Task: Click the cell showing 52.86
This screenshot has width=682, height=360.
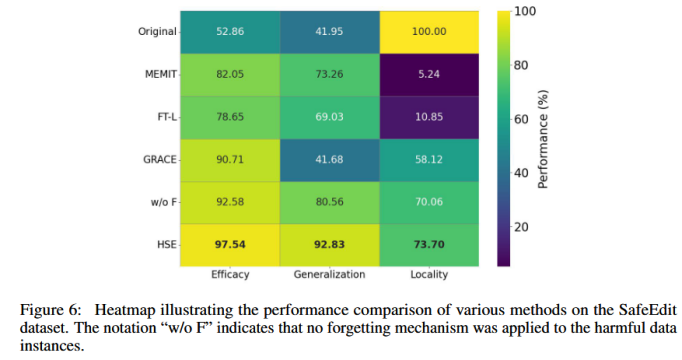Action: click(x=230, y=32)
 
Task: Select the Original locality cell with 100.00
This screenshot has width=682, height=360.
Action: click(x=429, y=32)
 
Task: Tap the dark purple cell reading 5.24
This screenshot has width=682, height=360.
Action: click(x=429, y=74)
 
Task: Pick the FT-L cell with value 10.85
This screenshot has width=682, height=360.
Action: click(x=429, y=117)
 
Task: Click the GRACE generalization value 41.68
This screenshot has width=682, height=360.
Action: click(x=330, y=160)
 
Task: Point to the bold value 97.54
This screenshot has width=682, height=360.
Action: click(x=230, y=245)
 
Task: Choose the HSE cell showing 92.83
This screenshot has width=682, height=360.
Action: click(x=330, y=245)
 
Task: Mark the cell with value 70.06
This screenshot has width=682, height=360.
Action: click(x=429, y=202)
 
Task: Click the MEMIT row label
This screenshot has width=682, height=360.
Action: click(x=161, y=74)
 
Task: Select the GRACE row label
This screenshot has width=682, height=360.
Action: click(x=160, y=160)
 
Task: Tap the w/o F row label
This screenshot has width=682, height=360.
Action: click(x=164, y=202)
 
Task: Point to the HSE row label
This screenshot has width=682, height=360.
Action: click(x=167, y=245)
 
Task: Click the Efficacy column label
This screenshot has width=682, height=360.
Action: click(x=230, y=274)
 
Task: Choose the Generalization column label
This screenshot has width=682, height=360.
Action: click(x=329, y=274)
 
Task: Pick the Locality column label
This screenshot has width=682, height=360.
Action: click(x=429, y=274)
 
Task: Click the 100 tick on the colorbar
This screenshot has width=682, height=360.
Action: click(x=525, y=11)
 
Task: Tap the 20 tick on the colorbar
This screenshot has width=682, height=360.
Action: click(x=522, y=227)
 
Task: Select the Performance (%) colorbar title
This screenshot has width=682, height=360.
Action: click(x=543, y=139)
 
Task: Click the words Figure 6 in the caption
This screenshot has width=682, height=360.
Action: click(x=50, y=310)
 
